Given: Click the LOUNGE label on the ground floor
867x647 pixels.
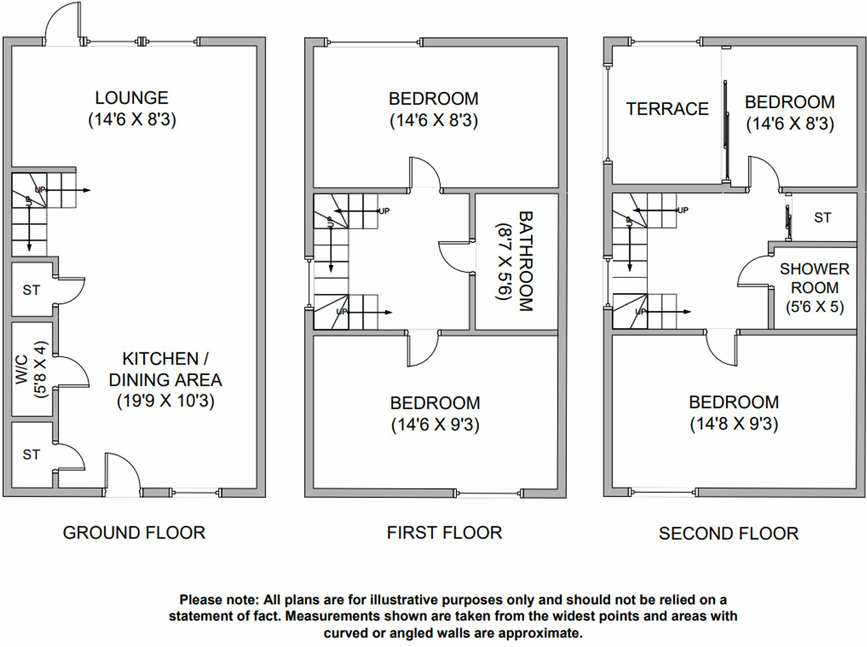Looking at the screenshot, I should (x=131, y=98).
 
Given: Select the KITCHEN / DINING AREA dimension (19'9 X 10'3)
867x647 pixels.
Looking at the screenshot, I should (x=165, y=401).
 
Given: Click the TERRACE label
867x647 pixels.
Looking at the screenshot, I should (x=667, y=109).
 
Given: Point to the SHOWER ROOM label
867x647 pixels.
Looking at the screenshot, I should (x=814, y=278).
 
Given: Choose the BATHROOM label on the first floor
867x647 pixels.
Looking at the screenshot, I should (x=525, y=261).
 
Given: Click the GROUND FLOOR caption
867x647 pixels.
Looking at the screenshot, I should (x=134, y=533).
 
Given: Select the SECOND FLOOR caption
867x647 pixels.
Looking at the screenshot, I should (x=728, y=533).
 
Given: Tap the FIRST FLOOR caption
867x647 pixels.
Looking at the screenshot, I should (x=444, y=533).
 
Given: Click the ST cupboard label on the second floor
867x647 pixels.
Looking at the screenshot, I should (x=822, y=218).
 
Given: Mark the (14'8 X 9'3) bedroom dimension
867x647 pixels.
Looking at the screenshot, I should (x=734, y=424).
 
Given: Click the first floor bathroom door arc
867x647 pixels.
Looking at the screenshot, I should (x=454, y=258).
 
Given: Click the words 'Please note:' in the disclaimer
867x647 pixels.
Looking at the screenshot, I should (x=219, y=600).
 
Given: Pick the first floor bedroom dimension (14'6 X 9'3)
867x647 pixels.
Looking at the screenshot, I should (x=435, y=425).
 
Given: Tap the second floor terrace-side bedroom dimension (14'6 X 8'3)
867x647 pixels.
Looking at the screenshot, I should (x=789, y=124).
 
